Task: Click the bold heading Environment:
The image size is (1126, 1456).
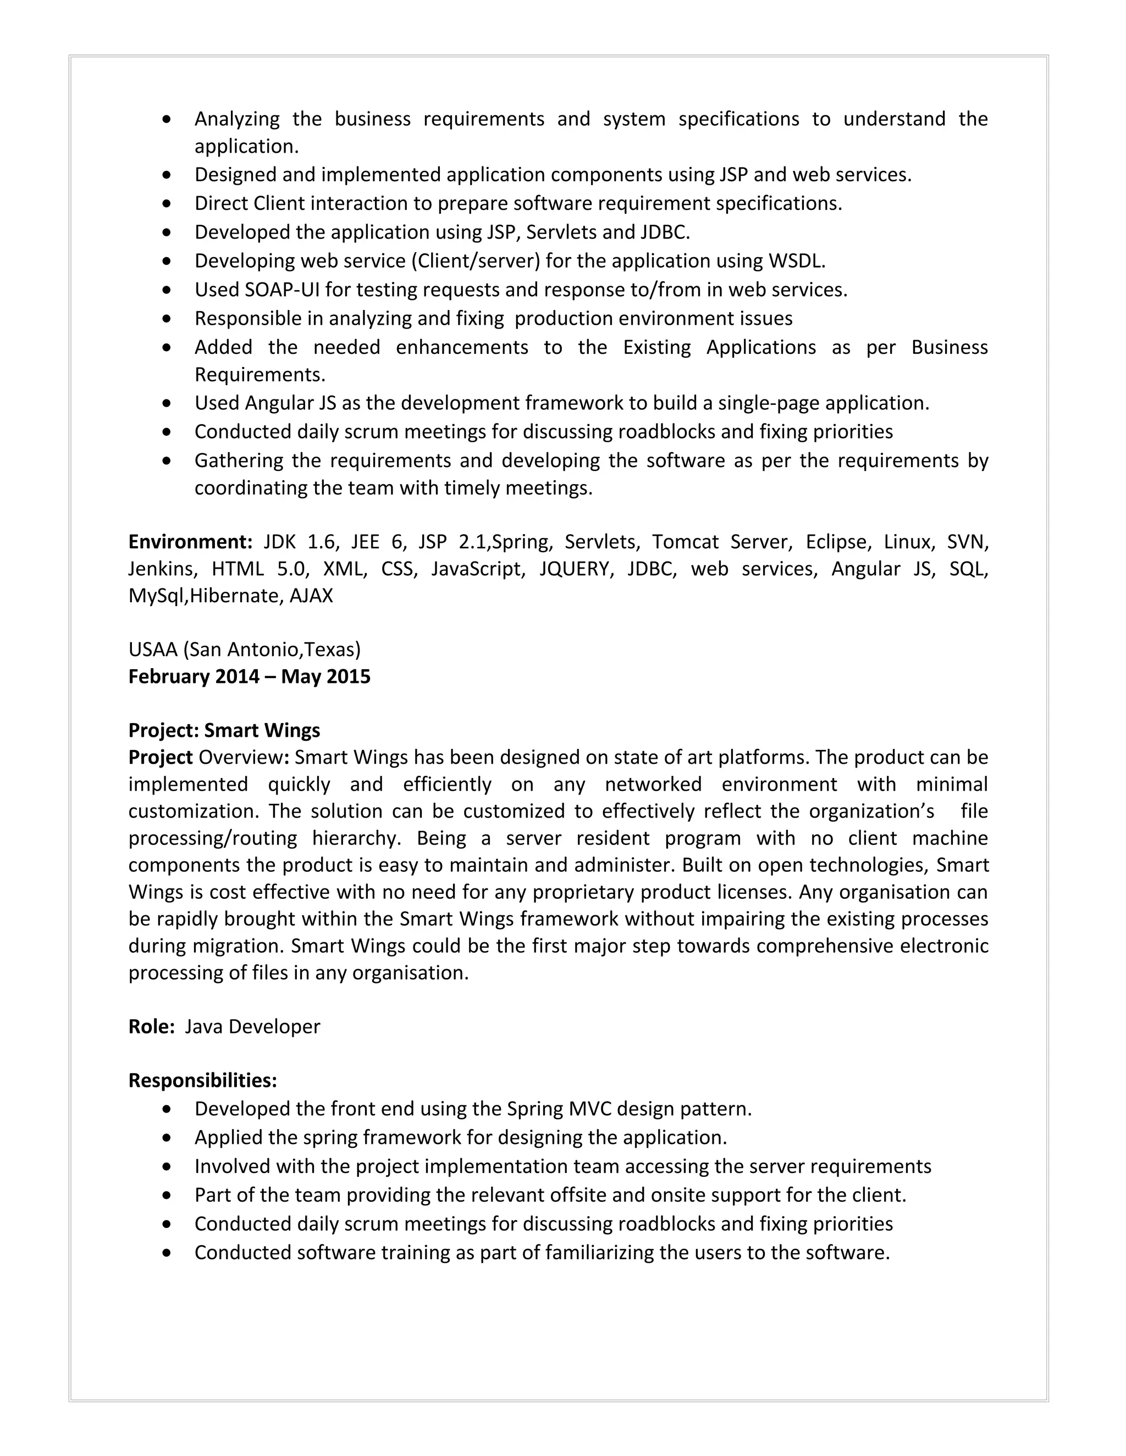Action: click(x=190, y=541)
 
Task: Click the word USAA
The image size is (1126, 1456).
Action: click(x=153, y=649)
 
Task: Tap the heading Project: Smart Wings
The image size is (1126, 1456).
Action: click(x=224, y=730)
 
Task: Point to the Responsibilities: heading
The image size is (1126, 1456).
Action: click(x=202, y=1080)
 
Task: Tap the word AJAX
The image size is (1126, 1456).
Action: click(x=311, y=596)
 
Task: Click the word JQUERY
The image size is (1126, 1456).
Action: click(x=576, y=569)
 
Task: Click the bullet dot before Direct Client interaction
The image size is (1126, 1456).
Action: click(x=167, y=203)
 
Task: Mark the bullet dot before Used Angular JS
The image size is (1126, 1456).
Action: click(x=167, y=403)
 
